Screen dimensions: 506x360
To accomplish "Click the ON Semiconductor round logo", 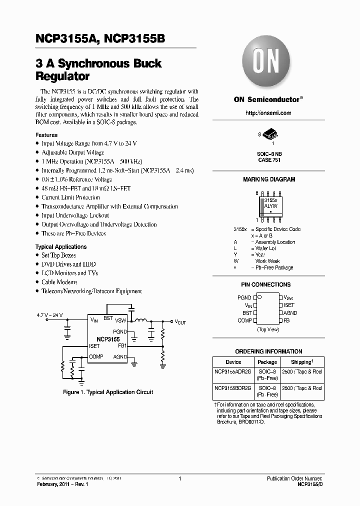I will click(268, 62).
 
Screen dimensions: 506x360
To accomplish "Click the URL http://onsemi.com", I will click(268, 113).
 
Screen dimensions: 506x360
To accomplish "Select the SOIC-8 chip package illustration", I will click(270, 134).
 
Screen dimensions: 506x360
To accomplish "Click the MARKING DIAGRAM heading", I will click(268, 179).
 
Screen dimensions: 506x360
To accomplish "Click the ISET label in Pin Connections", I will click(289, 305).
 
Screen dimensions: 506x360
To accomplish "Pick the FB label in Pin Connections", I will click(286, 320).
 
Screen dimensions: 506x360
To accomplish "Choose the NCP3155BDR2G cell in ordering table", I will click(233, 388).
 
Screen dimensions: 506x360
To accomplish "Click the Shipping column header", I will click(301, 362).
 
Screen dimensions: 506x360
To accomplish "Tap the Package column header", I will click(267, 362).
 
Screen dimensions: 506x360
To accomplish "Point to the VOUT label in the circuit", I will click(180, 322).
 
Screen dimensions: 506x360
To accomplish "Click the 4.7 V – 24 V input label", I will click(50, 315).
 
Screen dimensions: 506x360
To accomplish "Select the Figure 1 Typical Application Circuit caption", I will click(108, 392).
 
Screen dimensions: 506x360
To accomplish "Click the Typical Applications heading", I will click(60, 246).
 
